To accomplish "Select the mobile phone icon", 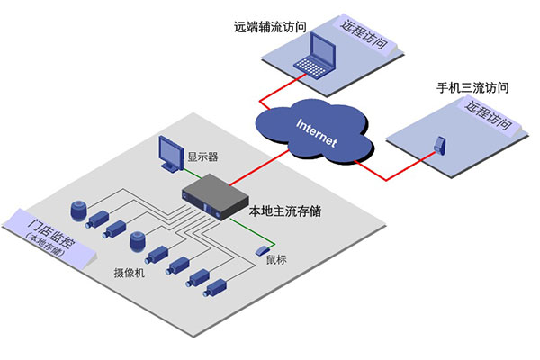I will click(438, 144).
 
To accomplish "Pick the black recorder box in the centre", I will click(215, 200).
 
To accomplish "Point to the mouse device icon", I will click(262, 249).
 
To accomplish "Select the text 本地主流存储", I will click(286, 213).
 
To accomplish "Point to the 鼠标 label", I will click(278, 264).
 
